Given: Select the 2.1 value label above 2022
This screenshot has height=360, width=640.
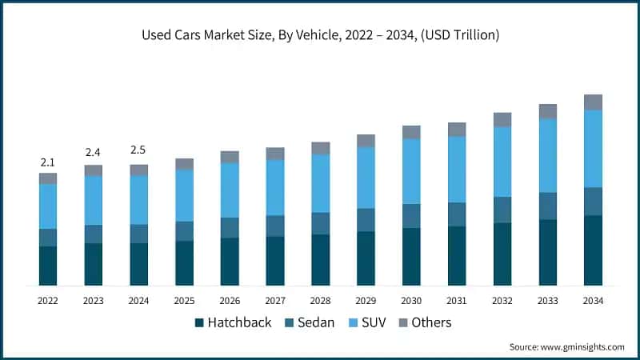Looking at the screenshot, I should click(48, 162).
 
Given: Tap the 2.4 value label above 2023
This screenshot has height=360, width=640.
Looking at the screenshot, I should click(94, 153).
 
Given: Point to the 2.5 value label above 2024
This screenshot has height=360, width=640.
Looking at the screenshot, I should click(139, 150).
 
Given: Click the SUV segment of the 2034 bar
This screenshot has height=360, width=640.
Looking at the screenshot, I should click(593, 149).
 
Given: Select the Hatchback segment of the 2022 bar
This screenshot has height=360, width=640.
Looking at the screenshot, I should click(48, 266).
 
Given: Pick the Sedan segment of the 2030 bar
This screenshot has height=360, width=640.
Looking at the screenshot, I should click(411, 216).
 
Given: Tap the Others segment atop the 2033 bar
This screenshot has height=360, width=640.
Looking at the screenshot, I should click(547, 111).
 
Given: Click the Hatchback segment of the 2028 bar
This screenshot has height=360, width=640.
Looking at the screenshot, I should click(320, 260).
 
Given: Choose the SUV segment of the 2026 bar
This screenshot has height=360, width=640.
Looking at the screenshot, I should click(230, 190).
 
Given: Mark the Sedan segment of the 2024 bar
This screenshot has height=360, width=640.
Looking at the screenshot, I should click(139, 234).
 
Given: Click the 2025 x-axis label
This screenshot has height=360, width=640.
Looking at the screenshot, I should click(184, 301).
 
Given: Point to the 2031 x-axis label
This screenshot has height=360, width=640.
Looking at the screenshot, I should click(457, 301).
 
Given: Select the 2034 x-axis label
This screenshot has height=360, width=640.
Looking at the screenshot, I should click(593, 301).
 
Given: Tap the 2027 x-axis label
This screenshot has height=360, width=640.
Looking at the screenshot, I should click(275, 301).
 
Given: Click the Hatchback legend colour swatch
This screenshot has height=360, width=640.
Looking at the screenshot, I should click(199, 323).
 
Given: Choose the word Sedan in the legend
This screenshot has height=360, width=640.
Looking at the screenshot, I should click(315, 322).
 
